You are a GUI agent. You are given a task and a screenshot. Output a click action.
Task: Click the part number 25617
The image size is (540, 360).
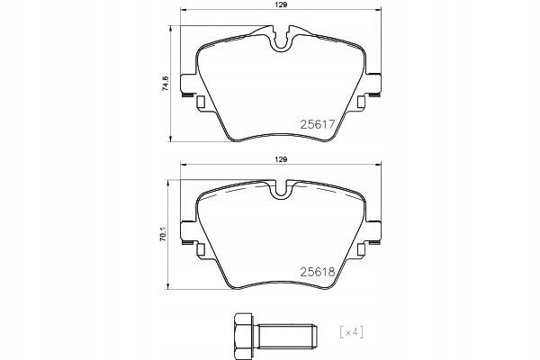pyautogui.click(x=316, y=126)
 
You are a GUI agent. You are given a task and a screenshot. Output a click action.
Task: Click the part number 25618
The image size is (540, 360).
pyautogui.click(x=316, y=270)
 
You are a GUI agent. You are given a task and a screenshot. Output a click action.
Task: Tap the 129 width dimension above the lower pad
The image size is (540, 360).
pyautogui.click(x=282, y=159)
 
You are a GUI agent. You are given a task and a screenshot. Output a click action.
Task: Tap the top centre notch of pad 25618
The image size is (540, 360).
pyautogui.click(x=283, y=189)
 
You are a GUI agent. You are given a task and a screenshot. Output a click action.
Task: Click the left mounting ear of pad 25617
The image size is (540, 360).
pyautogui.click(x=189, y=85)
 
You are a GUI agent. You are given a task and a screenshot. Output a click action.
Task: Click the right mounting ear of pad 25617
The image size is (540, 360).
pyautogui.click(x=374, y=85)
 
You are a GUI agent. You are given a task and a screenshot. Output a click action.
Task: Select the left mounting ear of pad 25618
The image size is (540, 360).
pyautogui.click(x=189, y=232)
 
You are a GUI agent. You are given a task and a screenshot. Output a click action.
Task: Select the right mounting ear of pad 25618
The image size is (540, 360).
pyautogui.click(x=374, y=232)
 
